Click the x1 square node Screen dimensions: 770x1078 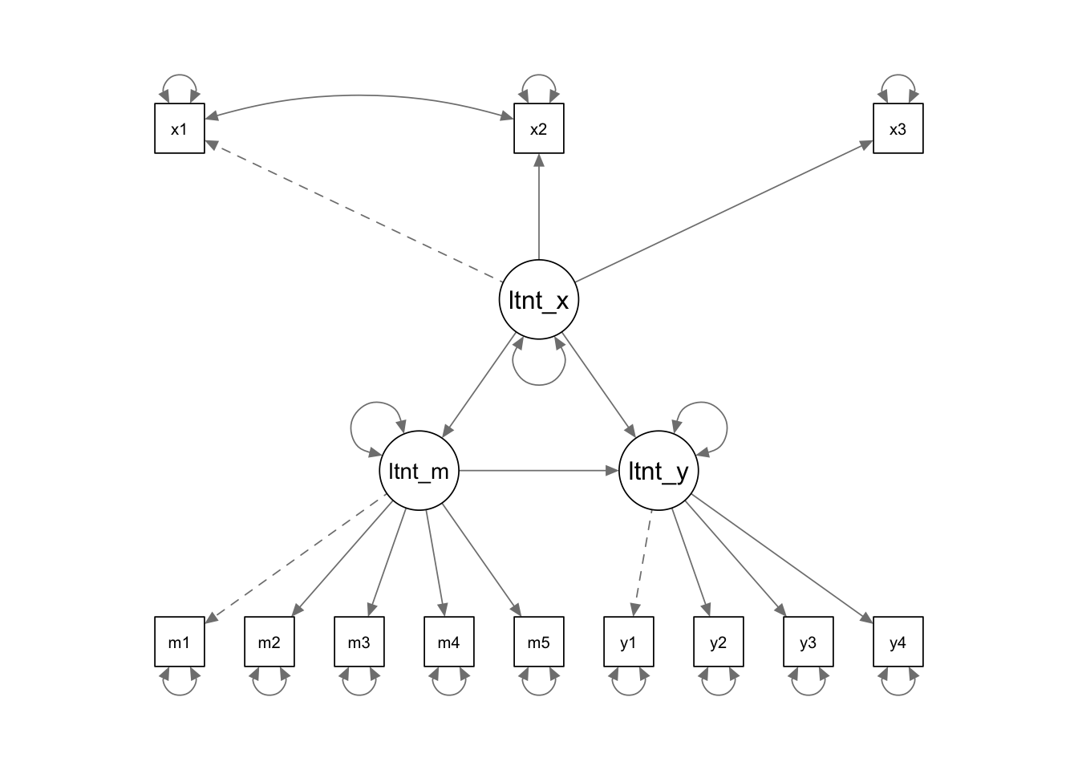pos(180,128)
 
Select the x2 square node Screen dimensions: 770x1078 pos(539,128)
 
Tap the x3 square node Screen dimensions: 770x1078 pos(898,128)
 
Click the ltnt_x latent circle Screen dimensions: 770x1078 pos(539,300)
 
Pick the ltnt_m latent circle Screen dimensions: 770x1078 pos(419,471)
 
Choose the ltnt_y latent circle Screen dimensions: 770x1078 pos(659,471)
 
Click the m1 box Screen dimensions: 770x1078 pos(180,642)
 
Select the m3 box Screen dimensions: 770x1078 pos(359,642)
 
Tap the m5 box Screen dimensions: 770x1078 pos(539,642)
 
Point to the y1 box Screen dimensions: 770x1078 pos(629,642)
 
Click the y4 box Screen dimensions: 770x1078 pos(898,642)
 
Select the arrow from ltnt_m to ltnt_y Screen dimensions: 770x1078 pos(537,471)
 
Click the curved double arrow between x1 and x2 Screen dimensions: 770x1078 pos(359,96)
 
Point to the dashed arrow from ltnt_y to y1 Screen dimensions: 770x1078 pos(643,561)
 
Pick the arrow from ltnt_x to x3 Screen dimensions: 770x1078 pos(722,213)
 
